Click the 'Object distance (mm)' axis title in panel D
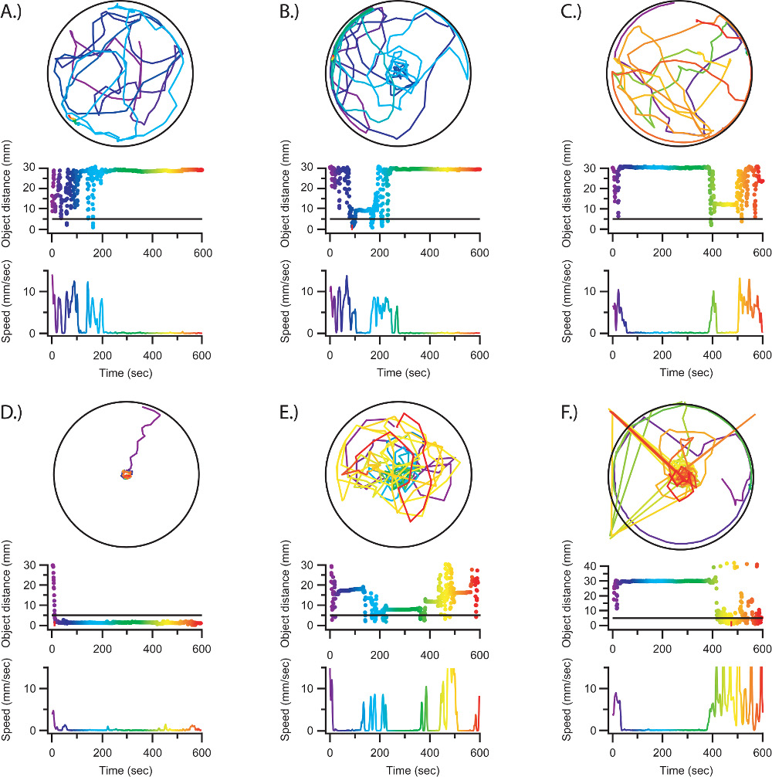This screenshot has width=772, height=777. [10, 592]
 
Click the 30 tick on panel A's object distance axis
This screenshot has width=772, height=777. [36, 168]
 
